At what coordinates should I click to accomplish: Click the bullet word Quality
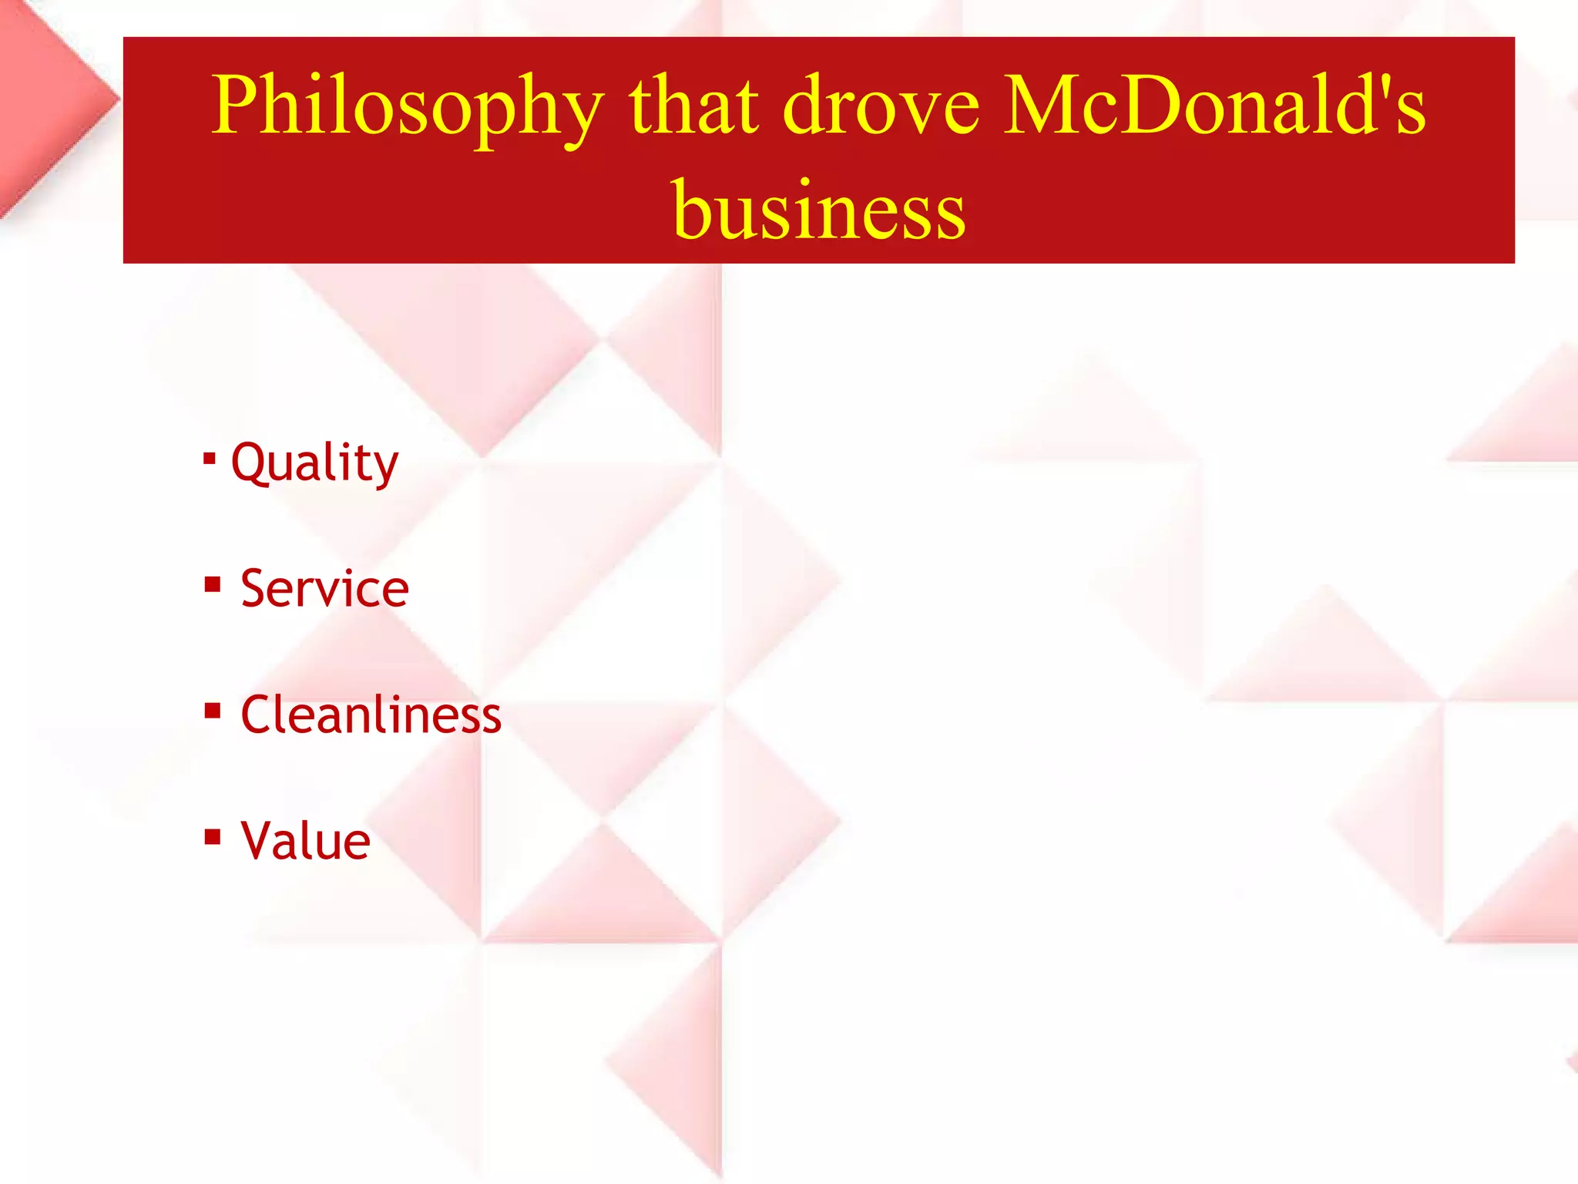click(x=314, y=463)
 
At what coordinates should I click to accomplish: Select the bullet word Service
click(x=324, y=588)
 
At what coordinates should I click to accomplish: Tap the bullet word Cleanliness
click(x=371, y=715)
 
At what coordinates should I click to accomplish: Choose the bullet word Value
click(x=306, y=840)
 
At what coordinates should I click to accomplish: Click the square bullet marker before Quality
click(x=209, y=459)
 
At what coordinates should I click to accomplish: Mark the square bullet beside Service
click(x=213, y=584)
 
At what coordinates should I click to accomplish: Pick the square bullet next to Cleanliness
click(x=213, y=710)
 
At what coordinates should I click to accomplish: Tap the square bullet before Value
click(x=213, y=836)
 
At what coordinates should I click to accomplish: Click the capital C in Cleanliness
click(x=259, y=715)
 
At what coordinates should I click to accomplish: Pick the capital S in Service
click(x=255, y=588)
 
